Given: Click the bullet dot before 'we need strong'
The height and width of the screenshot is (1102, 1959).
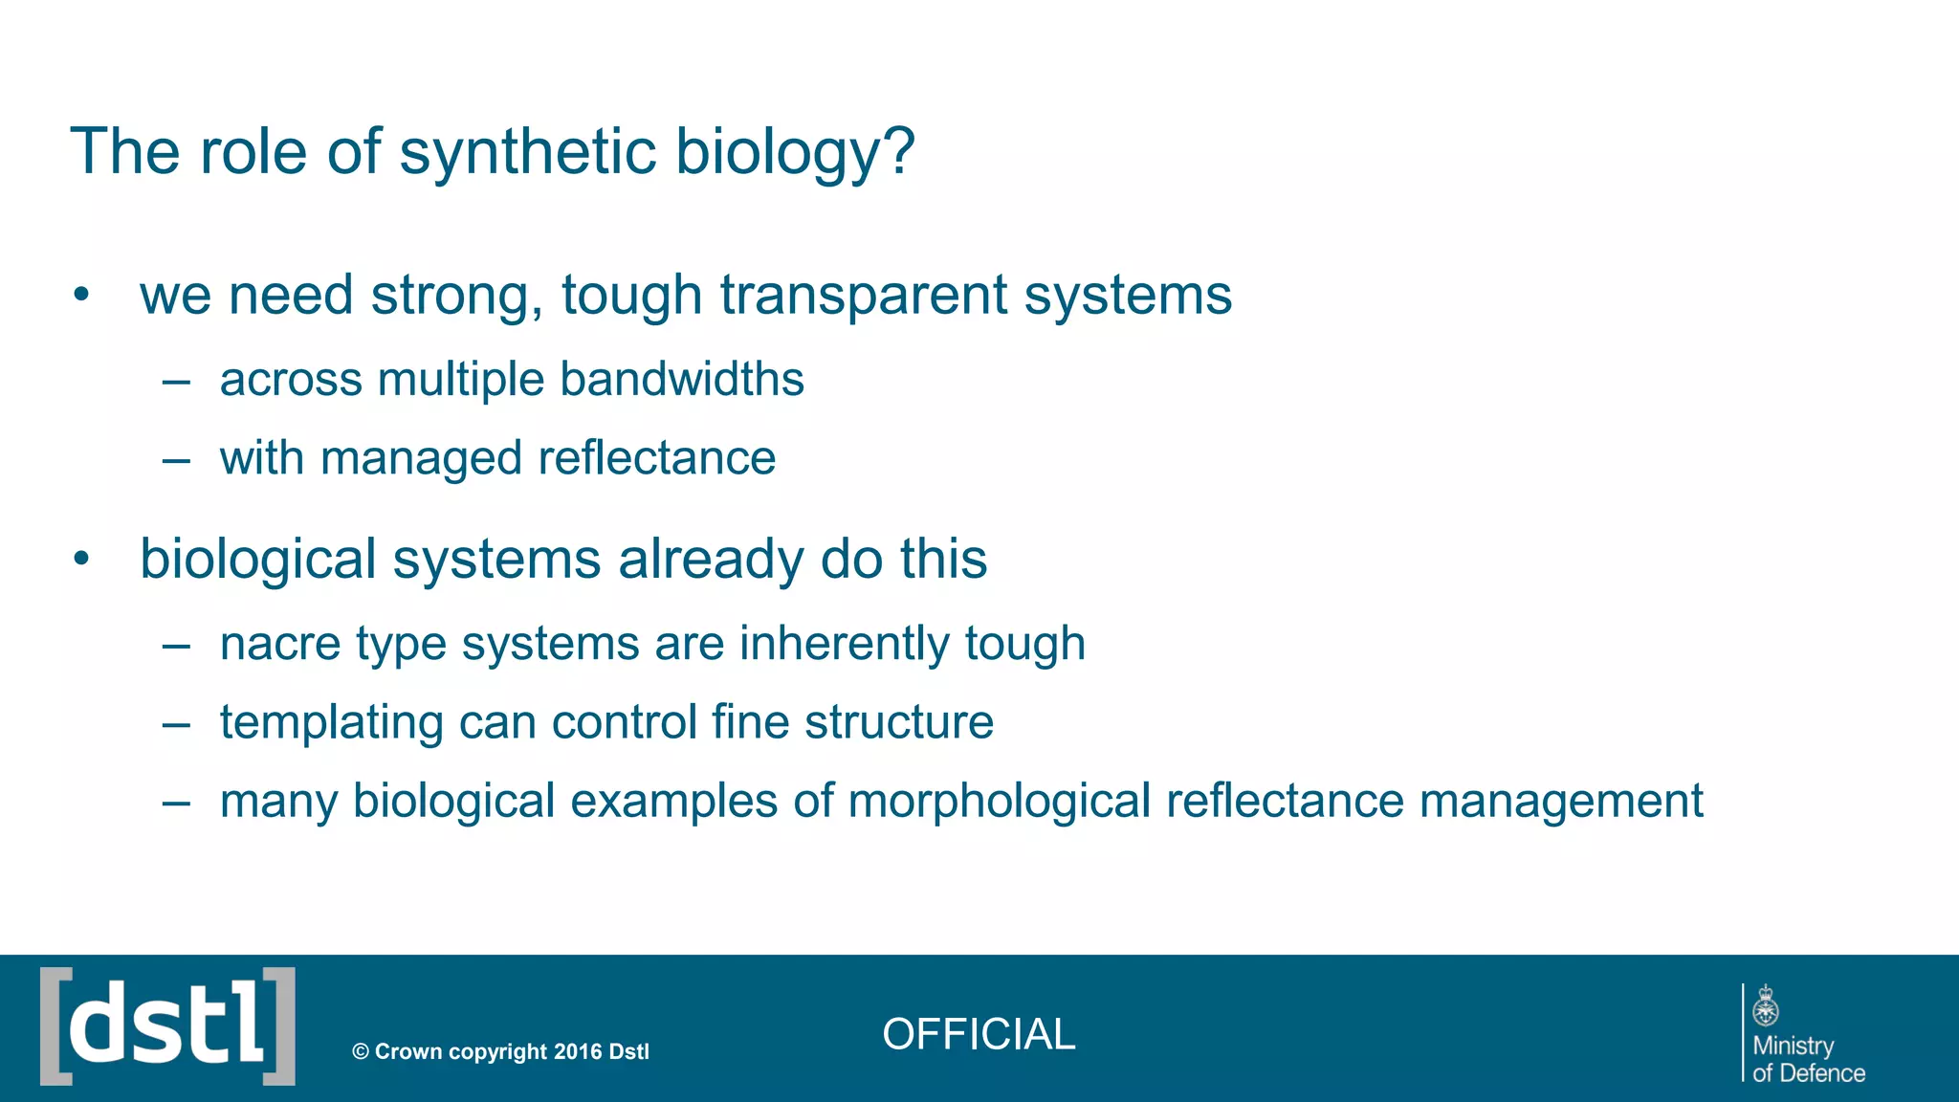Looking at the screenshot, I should click(81, 295).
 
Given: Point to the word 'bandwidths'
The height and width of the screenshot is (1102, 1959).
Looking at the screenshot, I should click(681, 379).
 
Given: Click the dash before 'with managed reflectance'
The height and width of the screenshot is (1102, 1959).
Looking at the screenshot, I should click(176, 460).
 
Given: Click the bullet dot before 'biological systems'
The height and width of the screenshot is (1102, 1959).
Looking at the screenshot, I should click(81, 559).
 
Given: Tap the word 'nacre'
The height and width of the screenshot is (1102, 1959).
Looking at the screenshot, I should click(280, 645).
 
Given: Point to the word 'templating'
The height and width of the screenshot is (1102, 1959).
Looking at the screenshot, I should click(331, 723).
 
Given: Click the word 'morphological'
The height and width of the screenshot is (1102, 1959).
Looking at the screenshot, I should click(999, 802).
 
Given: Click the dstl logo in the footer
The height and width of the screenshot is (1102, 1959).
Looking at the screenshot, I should click(167, 1026).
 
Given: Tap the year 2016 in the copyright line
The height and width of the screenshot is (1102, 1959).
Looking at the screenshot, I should click(577, 1051).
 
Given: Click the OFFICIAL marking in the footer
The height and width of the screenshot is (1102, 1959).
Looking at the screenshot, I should click(979, 1034).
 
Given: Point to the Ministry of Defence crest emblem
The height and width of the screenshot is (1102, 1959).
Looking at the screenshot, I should click(1766, 1006).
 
